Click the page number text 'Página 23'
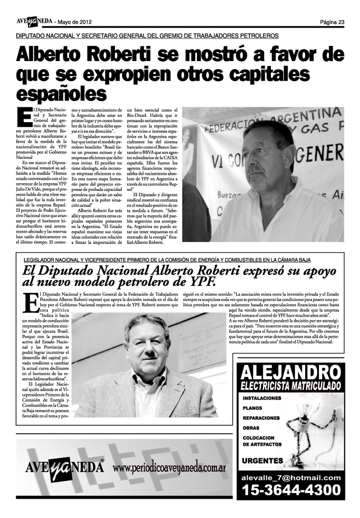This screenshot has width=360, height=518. click(332, 22)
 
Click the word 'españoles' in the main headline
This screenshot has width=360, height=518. click(61, 92)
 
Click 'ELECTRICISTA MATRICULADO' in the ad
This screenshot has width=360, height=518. click(290, 385)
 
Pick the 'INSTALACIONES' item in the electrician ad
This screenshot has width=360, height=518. click(262, 398)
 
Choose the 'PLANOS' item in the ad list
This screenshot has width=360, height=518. click(252, 408)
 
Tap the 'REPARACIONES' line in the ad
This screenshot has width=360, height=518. click(261, 418)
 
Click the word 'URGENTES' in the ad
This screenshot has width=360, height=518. click(262, 461)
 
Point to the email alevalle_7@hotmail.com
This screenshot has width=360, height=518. click(291, 477)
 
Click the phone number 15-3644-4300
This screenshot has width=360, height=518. click(291, 490)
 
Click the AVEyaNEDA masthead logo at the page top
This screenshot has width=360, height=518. click(33, 21)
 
